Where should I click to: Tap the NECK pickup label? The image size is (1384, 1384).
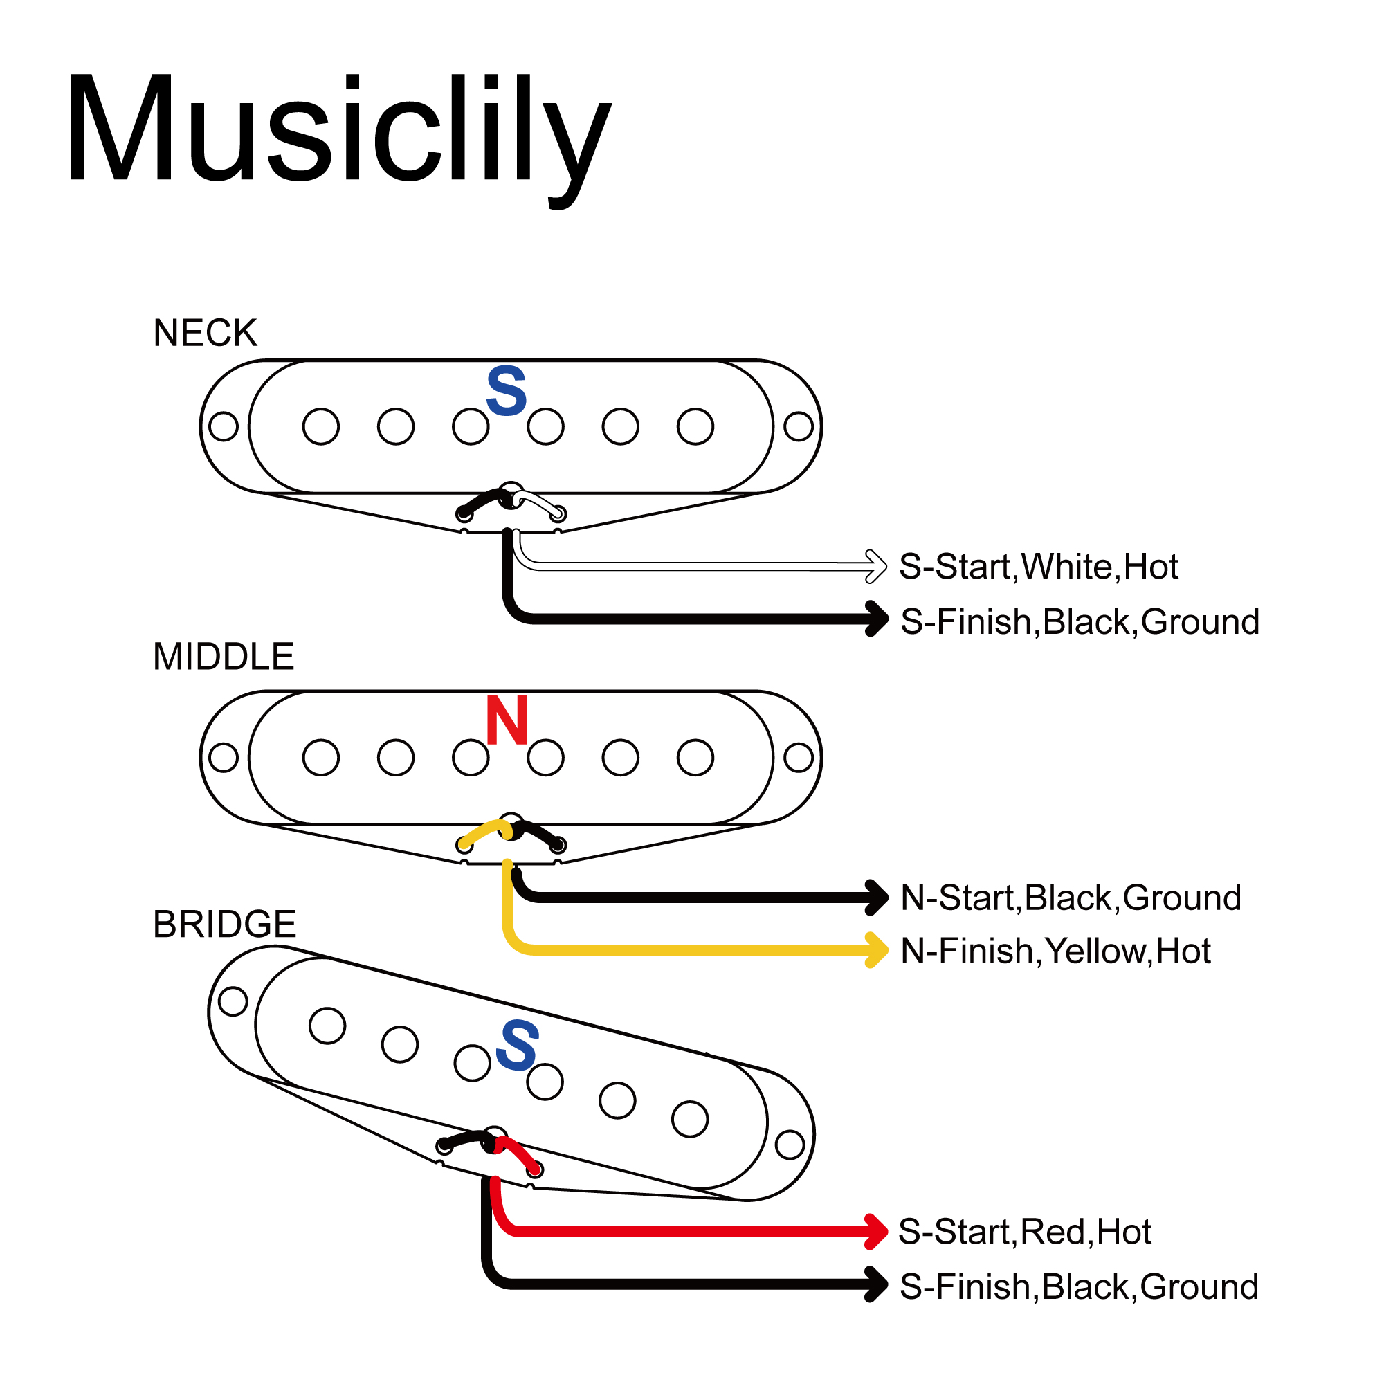coord(205,333)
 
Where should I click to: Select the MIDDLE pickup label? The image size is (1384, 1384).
coord(224,656)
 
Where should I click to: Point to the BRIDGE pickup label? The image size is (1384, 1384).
coord(224,924)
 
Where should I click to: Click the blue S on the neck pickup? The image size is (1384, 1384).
coord(507,391)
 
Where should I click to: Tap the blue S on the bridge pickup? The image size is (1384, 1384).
coord(516,1045)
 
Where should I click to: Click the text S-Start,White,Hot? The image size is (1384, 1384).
coord(1039,567)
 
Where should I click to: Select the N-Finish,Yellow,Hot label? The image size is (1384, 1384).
coord(1055,951)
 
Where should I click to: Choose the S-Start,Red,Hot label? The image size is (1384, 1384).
coord(1024,1232)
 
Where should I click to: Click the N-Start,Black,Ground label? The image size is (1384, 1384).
coord(1071,898)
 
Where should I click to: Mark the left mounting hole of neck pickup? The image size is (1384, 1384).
coord(224,426)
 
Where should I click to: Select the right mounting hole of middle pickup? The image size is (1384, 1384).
coord(798,757)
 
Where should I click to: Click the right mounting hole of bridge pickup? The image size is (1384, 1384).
coord(790,1145)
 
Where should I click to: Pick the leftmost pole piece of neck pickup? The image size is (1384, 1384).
coord(320,426)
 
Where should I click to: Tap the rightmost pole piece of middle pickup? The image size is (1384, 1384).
coord(695,757)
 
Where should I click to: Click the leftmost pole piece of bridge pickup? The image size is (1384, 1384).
coord(327,1025)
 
